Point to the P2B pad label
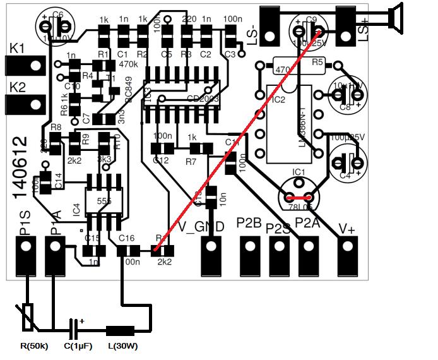(x=249, y=223)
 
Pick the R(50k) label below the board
(x=35, y=345)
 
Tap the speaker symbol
(x=396, y=17)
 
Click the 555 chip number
(x=105, y=200)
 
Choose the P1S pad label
(x=25, y=225)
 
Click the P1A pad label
(x=56, y=224)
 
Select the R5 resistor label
(x=317, y=62)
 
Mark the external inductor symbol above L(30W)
(x=120, y=330)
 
